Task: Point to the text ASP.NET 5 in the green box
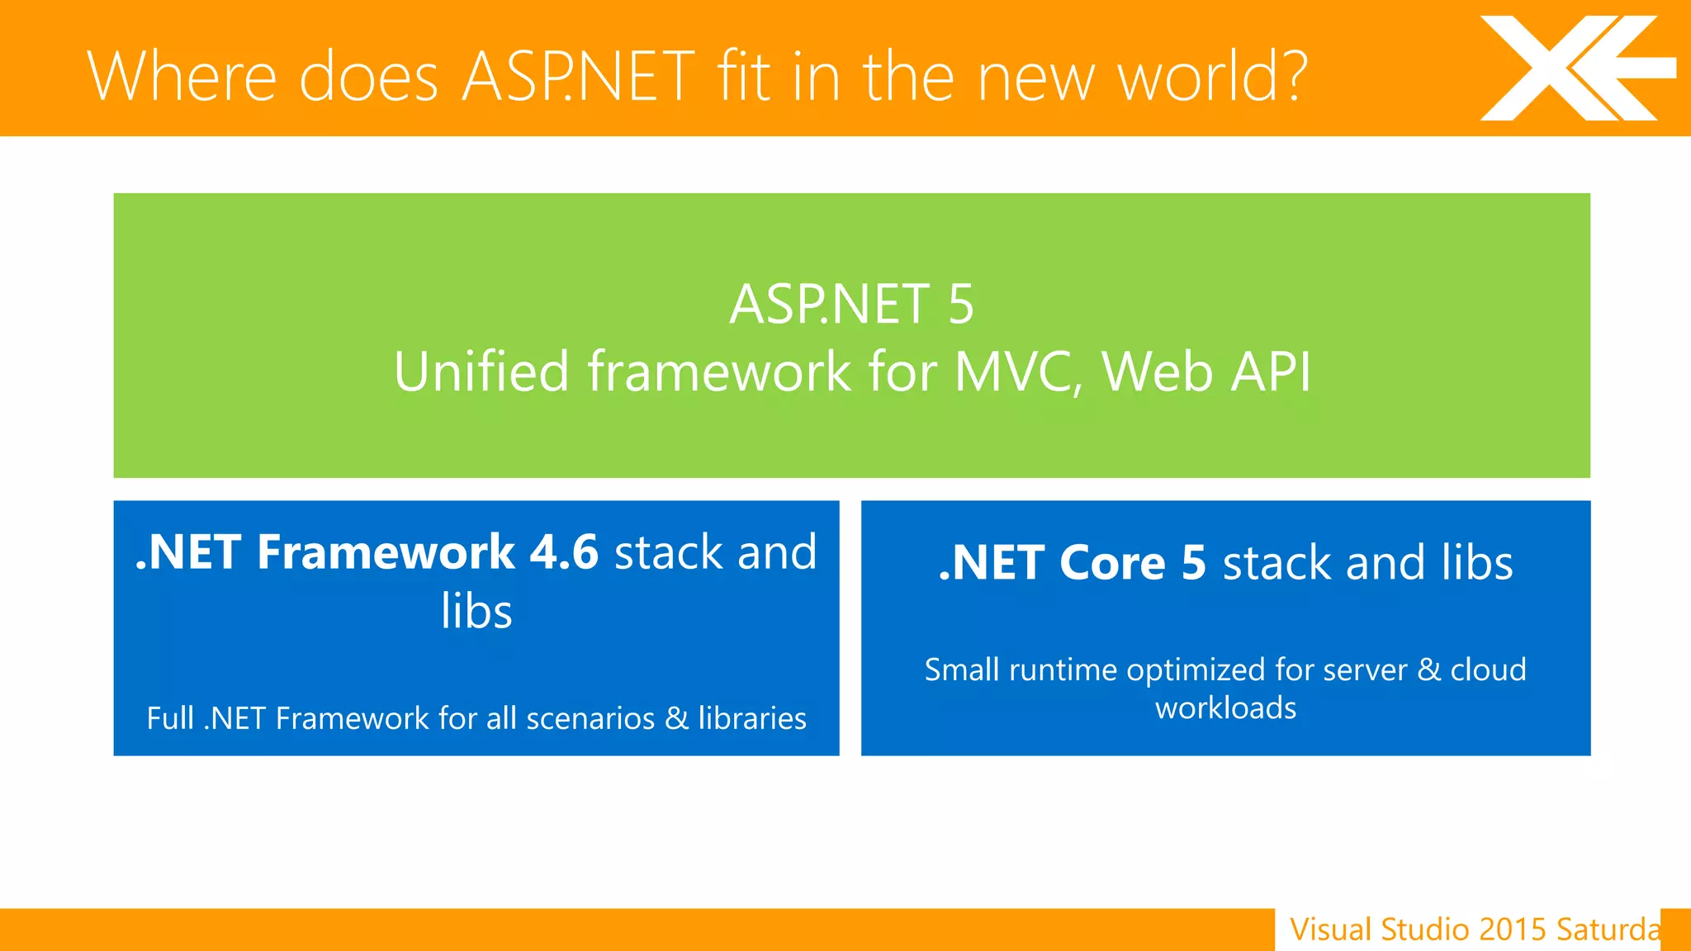851,305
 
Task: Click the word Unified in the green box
481,371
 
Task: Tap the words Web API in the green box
1206,371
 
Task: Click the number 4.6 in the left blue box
564,551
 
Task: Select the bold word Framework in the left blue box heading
386,551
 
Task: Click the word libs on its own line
476,611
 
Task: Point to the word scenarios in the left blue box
590,718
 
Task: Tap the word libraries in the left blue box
752,718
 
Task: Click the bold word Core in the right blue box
1112,563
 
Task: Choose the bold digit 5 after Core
1194,563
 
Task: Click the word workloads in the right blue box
1225,708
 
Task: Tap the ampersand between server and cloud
1429,669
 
